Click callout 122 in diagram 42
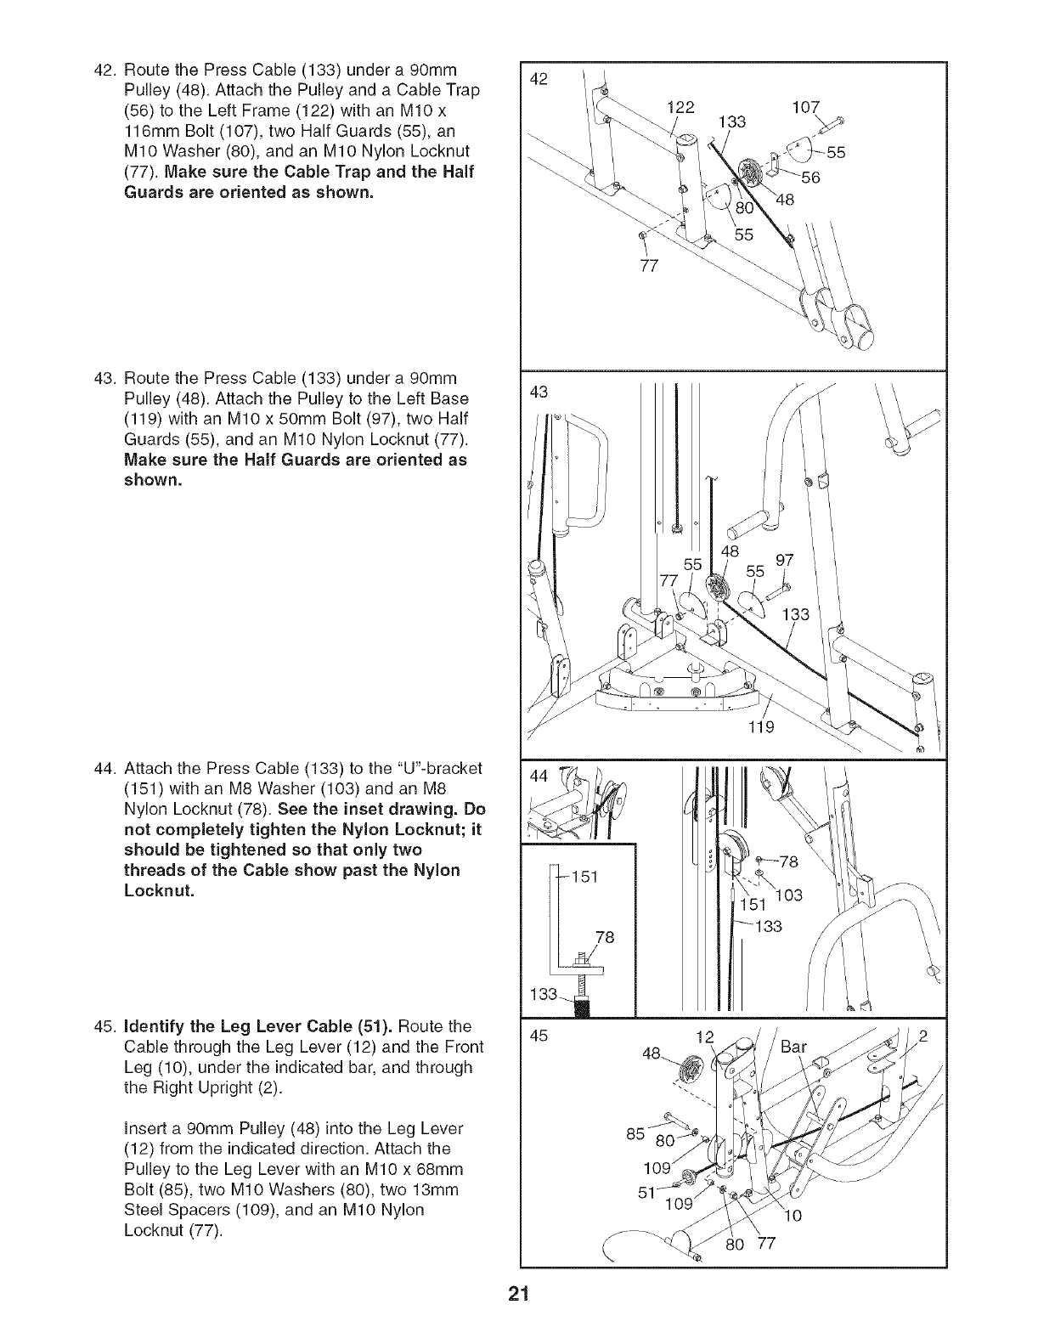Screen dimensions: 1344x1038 (x=680, y=108)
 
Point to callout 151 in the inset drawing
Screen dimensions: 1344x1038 (x=584, y=876)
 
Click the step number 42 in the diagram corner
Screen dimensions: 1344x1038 (x=538, y=79)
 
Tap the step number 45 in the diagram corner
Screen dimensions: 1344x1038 (x=537, y=1036)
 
